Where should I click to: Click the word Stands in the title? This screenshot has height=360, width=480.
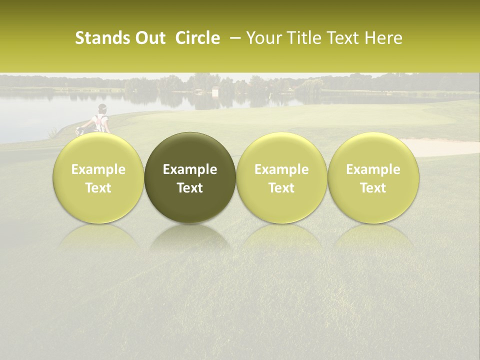[102, 38]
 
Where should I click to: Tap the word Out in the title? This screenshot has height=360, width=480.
[149, 38]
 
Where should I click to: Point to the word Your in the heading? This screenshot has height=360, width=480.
[262, 38]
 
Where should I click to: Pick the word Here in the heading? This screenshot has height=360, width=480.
[384, 38]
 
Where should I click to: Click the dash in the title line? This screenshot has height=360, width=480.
[233, 38]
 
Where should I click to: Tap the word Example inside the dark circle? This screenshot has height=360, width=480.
[190, 169]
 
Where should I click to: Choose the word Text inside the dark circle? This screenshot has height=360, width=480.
[190, 188]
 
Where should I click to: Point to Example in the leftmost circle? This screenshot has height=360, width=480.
[98, 169]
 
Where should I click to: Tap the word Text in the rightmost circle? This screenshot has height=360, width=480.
[373, 188]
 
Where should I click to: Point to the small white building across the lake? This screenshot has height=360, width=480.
[215, 91]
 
